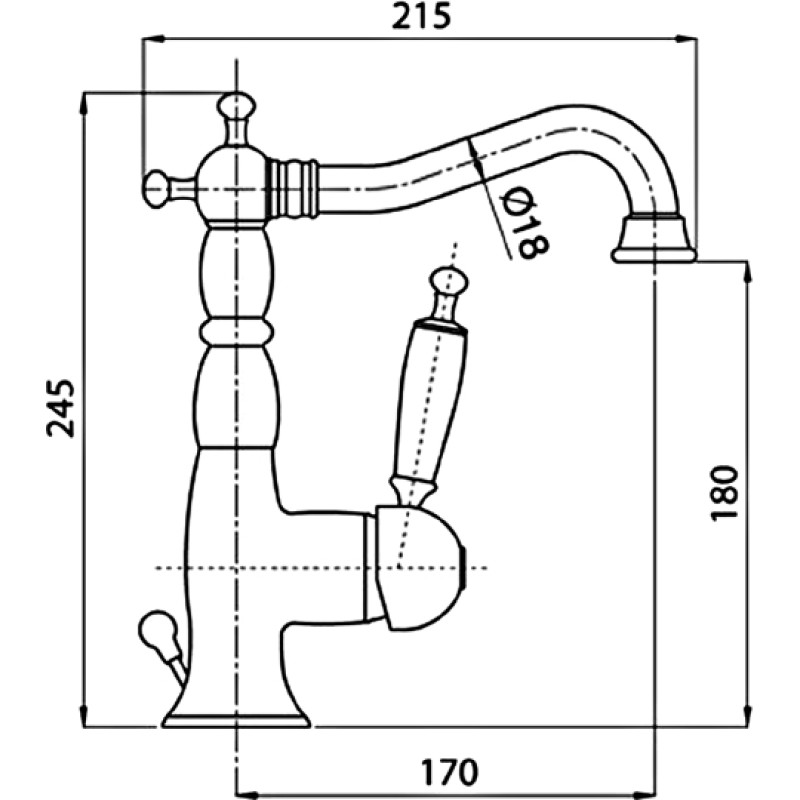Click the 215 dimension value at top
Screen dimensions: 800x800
[x=421, y=16]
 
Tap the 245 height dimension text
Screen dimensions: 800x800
[x=60, y=408]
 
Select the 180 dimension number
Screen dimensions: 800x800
[x=724, y=492]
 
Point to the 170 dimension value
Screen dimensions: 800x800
[x=449, y=772]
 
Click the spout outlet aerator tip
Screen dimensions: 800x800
[x=654, y=240]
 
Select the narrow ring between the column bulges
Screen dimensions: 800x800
[x=236, y=333]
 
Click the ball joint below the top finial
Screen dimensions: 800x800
[x=235, y=184]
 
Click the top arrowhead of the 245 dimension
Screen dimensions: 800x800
[x=83, y=104]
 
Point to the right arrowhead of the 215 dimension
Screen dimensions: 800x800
[x=687, y=39]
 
